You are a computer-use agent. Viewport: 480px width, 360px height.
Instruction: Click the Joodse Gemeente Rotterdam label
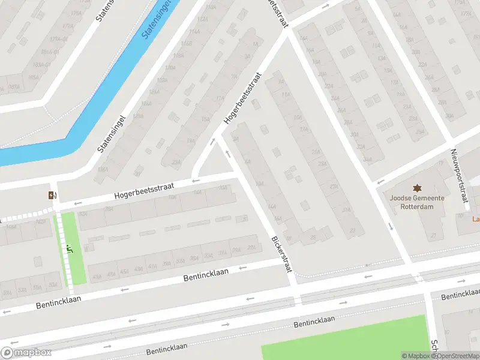(x=416, y=202)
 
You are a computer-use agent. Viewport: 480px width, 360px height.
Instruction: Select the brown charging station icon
(x=52, y=194)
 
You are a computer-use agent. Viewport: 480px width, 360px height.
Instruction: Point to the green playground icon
(x=70, y=248)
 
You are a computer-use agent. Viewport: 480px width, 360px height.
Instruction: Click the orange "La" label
(x=476, y=219)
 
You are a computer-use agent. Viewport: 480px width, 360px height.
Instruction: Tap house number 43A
(x=139, y=270)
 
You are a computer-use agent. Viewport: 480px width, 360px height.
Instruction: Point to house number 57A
(x=22, y=290)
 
